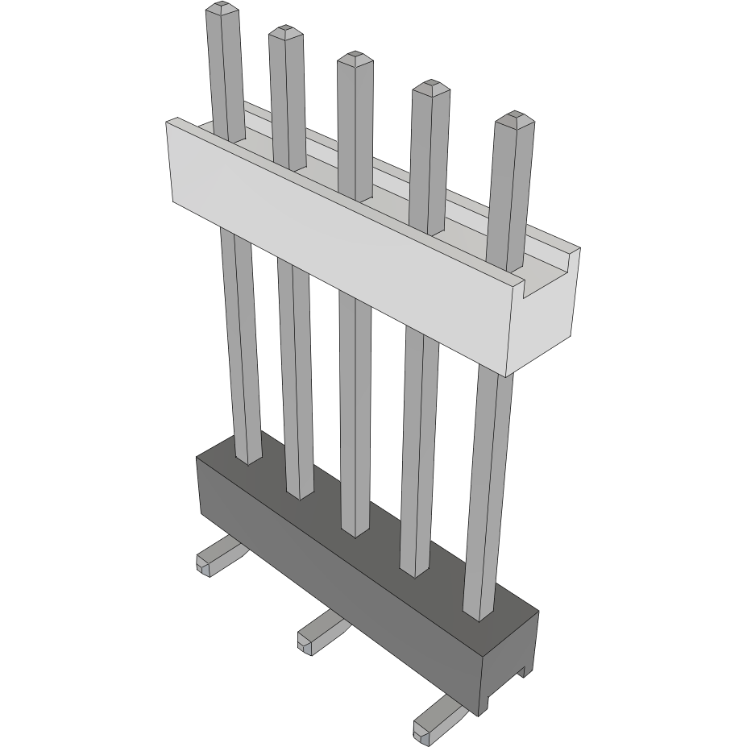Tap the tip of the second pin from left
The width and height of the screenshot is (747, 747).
tap(285, 32)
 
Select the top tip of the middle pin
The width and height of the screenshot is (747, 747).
tap(353, 58)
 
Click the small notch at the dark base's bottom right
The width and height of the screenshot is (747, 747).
tap(525, 670)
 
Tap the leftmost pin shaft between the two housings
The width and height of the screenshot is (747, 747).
tap(240, 347)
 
